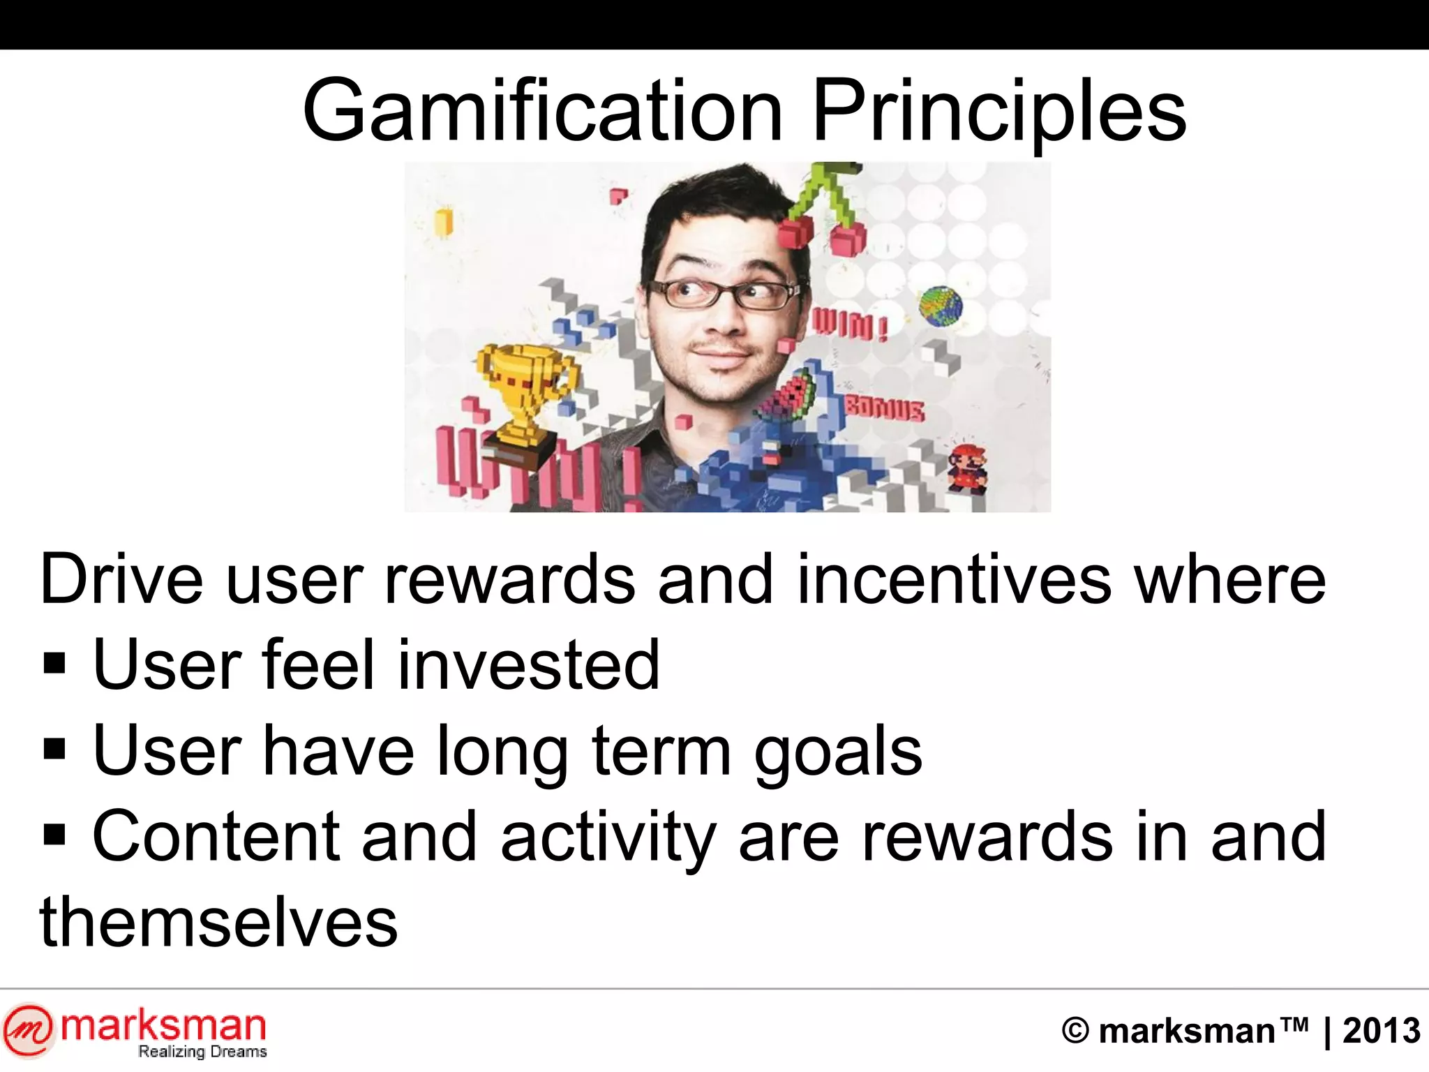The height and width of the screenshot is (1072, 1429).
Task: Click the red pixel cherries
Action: click(823, 230)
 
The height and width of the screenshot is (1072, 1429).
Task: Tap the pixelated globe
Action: click(940, 307)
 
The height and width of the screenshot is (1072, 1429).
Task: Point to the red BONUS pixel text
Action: click(885, 409)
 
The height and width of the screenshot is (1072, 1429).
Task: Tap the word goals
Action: click(838, 751)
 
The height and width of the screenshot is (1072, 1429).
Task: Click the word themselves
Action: click(219, 923)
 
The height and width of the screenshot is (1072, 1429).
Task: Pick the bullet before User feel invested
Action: click(54, 664)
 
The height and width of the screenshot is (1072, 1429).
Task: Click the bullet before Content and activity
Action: click(54, 834)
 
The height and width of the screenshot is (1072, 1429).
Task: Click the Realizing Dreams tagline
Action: click(202, 1052)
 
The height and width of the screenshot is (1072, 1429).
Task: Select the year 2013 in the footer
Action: click(1381, 1031)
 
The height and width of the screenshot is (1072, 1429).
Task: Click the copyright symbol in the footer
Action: click(1075, 1031)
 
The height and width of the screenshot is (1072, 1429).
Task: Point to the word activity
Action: click(608, 837)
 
